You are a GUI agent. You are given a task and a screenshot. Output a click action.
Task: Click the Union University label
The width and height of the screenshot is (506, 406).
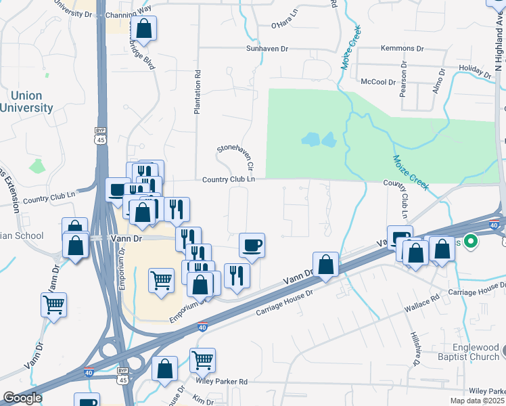27,101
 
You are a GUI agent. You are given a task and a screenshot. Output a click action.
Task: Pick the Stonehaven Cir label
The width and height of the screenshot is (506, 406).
235,157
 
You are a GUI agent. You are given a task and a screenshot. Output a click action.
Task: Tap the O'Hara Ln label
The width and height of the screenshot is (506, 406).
284,25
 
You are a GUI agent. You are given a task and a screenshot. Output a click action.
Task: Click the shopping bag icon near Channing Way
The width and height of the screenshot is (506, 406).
143,28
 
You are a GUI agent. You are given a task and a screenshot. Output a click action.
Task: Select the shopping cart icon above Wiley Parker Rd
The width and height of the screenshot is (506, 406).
202,361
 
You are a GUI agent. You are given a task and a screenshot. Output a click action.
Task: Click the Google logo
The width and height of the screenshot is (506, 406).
22,398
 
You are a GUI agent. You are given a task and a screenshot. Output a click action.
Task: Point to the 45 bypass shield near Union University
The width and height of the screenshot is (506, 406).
100,135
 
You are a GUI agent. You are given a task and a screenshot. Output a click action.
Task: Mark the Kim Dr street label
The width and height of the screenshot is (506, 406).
198,401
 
